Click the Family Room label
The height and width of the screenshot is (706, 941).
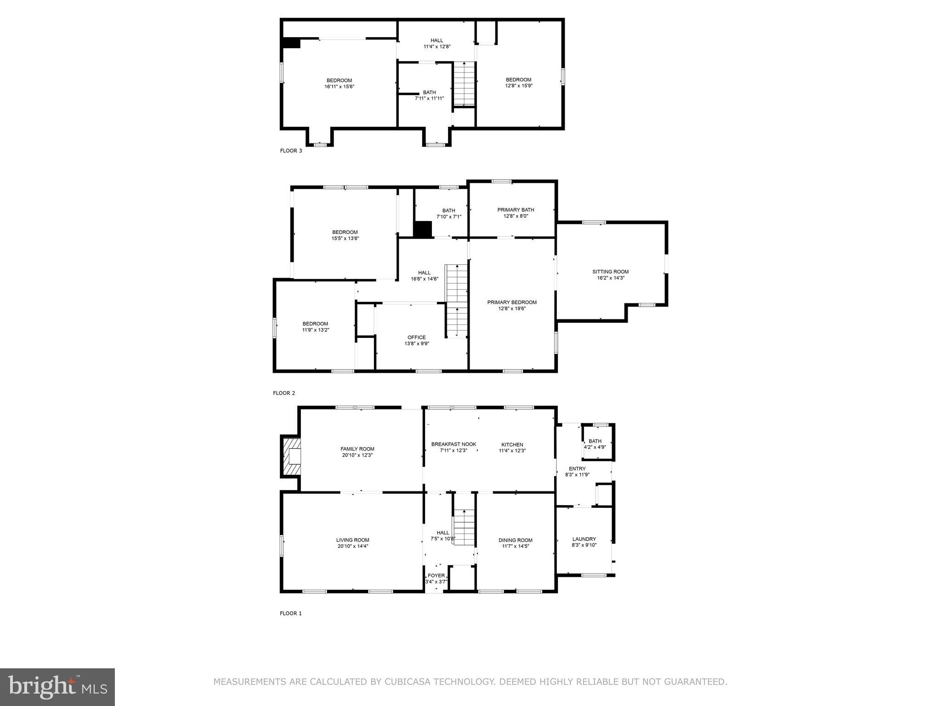[x=357, y=449]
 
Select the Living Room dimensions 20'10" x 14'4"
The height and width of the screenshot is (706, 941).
[x=352, y=547]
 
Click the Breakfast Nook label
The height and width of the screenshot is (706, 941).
[x=453, y=444]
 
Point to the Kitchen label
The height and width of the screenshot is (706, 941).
[x=512, y=444]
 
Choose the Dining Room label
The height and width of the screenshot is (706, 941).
[x=516, y=540]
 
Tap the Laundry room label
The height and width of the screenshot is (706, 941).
[x=584, y=539]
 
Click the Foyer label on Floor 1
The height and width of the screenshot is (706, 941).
[x=436, y=575]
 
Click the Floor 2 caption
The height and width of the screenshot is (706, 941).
[x=284, y=393]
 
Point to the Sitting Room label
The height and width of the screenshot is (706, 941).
[x=610, y=272]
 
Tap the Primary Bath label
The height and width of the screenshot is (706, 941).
[x=516, y=210]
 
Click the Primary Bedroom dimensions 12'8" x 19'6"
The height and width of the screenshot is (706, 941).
[x=512, y=308]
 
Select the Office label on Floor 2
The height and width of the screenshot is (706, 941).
[x=416, y=337]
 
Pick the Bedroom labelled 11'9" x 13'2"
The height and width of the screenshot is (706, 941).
[x=315, y=326]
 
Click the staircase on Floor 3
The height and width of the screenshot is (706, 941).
[x=464, y=84]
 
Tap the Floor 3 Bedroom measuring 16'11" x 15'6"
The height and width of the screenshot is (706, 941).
[x=339, y=83]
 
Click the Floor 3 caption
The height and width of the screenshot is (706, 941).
[x=291, y=150]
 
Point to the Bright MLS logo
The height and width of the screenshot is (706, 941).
[x=57, y=687]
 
